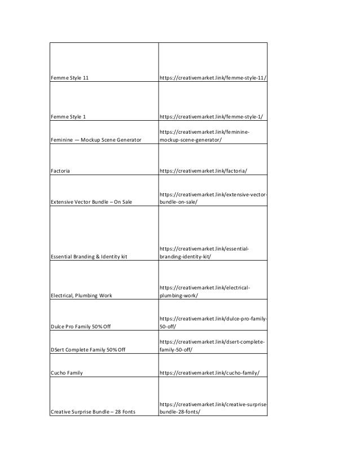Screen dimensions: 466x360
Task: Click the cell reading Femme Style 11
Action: (x=70, y=78)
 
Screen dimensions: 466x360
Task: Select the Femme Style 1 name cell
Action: (x=68, y=117)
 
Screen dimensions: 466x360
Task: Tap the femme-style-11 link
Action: (x=212, y=78)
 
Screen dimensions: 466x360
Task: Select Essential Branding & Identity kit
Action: (x=89, y=257)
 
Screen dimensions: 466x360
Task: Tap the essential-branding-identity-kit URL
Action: (x=205, y=252)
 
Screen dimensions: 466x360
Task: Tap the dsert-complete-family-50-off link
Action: (x=213, y=346)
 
